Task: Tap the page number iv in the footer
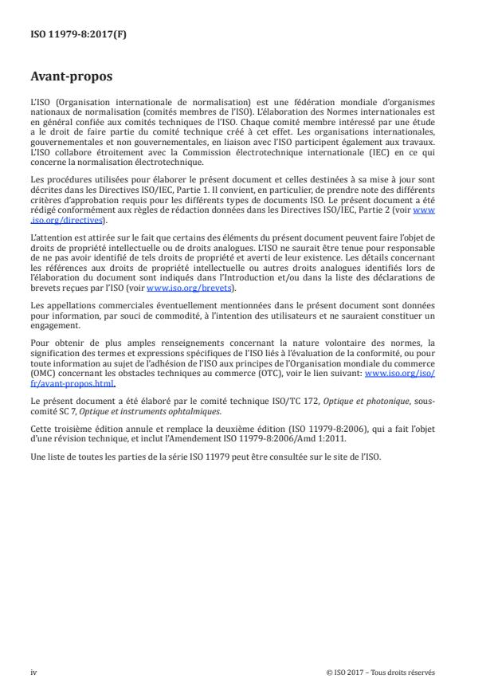point(33,672)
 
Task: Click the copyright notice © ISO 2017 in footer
point(381,672)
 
